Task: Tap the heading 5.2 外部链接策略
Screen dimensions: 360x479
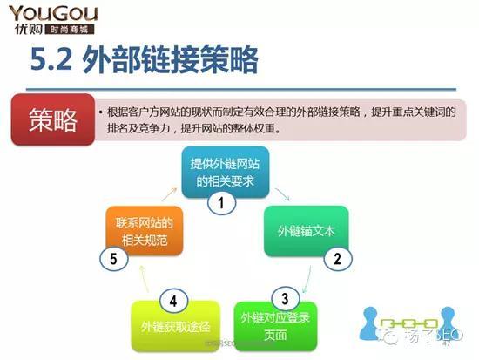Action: tap(144, 60)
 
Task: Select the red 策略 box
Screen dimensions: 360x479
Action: tap(53, 120)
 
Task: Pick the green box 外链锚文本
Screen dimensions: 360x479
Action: tap(306, 232)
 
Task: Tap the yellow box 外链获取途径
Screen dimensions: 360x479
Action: tap(171, 326)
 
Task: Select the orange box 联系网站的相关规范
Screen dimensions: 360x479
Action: tap(145, 230)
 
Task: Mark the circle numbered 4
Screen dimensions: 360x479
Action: tap(173, 302)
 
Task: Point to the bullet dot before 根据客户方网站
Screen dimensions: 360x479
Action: tap(101, 113)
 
